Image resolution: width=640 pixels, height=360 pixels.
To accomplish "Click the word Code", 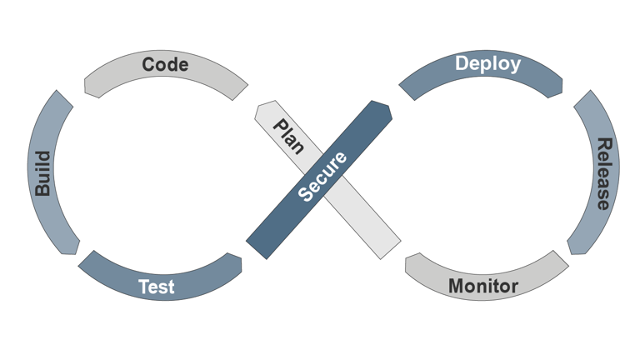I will click(165, 64).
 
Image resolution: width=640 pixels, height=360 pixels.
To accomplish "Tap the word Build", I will click(42, 173).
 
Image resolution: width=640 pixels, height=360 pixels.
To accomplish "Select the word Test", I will click(156, 287).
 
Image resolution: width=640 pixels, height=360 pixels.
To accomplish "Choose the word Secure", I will click(322, 177).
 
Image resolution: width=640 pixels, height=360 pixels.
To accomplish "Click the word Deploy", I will click(487, 63).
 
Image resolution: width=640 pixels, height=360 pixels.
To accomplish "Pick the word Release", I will click(602, 173).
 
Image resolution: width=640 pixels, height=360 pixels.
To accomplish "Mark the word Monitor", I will click(483, 287).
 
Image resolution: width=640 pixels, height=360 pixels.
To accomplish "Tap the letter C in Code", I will click(148, 64).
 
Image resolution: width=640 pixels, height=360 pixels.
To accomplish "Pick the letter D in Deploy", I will click(461, 63).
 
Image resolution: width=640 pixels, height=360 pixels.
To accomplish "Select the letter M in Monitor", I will click(457, 287).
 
